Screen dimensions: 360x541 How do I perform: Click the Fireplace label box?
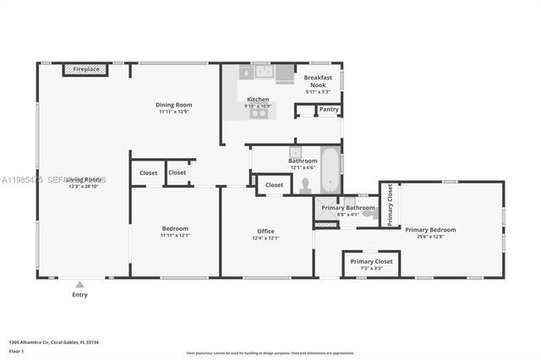86,69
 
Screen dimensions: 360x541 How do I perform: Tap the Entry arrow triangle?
79,285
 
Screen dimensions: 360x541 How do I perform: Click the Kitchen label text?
258,99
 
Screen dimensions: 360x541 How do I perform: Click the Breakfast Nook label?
318,81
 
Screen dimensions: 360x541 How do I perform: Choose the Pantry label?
330,109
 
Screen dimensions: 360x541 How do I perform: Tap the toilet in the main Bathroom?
306,185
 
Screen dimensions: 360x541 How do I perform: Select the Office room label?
266,231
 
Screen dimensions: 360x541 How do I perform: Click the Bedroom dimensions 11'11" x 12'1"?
175,236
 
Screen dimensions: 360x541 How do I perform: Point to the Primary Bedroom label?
429,230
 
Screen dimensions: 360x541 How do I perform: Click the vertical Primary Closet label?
391,205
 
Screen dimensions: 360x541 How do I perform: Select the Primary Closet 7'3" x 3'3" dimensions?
372,269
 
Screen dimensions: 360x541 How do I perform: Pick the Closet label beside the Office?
274,185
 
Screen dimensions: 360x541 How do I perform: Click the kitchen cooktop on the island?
259,112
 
